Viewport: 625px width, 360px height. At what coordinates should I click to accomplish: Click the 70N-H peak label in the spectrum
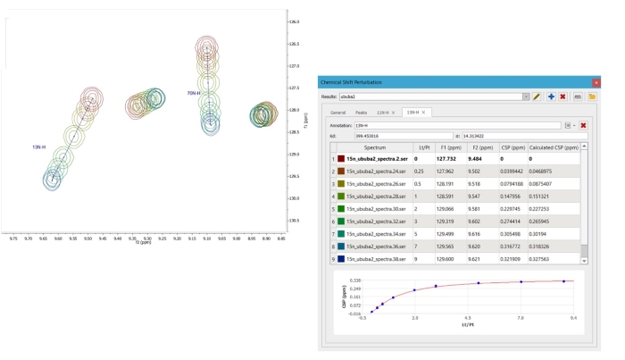click(194, 93)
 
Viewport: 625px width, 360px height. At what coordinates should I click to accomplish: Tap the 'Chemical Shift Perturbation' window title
click(358, 82)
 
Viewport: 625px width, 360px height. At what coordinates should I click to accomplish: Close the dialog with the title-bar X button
click(594, 82)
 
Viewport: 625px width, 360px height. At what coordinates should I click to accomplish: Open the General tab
click(338, 113)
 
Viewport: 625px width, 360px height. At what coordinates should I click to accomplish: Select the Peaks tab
click(361, 113)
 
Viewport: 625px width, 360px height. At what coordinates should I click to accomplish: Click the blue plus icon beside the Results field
click(551, 96)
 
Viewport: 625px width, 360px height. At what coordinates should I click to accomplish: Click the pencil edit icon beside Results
click(537, 96)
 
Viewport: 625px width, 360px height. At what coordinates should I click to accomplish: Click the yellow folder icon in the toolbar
click(591, 96)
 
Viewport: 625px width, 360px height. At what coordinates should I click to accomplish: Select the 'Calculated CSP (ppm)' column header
click(554, 147)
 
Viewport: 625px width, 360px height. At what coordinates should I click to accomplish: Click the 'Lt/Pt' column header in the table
click(426, 147)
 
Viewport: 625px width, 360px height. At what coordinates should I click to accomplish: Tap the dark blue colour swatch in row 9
click(340, 258)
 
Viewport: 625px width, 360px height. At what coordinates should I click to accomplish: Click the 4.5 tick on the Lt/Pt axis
click(467, 317)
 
